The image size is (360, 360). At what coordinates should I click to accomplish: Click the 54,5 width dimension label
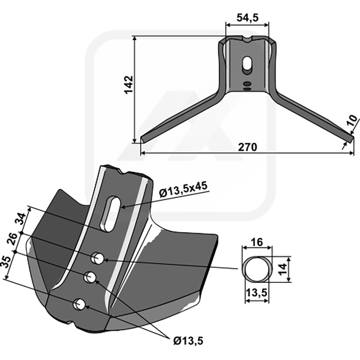[x=247, y=18]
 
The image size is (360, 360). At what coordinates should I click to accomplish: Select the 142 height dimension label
[x=129, y=85]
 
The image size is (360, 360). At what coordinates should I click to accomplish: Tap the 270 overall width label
[x=247, y=147]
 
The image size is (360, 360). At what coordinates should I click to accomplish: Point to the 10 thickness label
[x=353, y=120]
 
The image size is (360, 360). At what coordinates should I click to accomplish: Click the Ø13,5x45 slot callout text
[x=184, y=189]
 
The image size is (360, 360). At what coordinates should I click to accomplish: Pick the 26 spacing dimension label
[x=12, y=239]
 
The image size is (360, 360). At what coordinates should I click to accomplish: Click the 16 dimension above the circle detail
[x=256, y=242]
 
